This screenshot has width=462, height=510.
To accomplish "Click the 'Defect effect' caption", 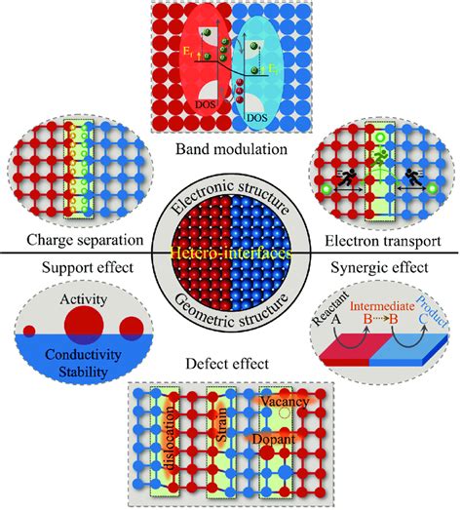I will click(x=230, y=369).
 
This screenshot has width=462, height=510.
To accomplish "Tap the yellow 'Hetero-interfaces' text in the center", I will click(x=230, y=254).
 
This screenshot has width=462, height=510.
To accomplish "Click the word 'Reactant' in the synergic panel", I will click(x=335, y=308).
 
